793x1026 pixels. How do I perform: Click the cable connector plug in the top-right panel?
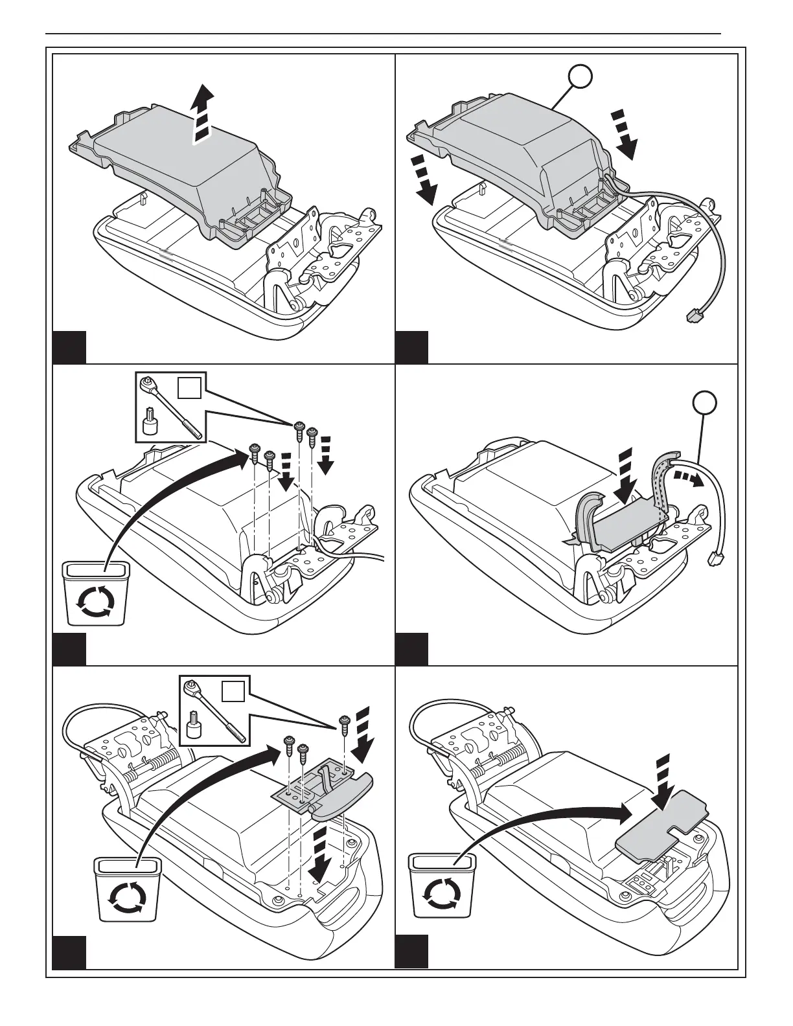693,317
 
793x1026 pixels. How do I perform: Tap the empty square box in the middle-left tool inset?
188,389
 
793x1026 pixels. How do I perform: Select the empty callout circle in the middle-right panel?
704,402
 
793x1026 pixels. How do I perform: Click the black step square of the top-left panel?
69,347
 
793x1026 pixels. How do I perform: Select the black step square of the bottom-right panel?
411,951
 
